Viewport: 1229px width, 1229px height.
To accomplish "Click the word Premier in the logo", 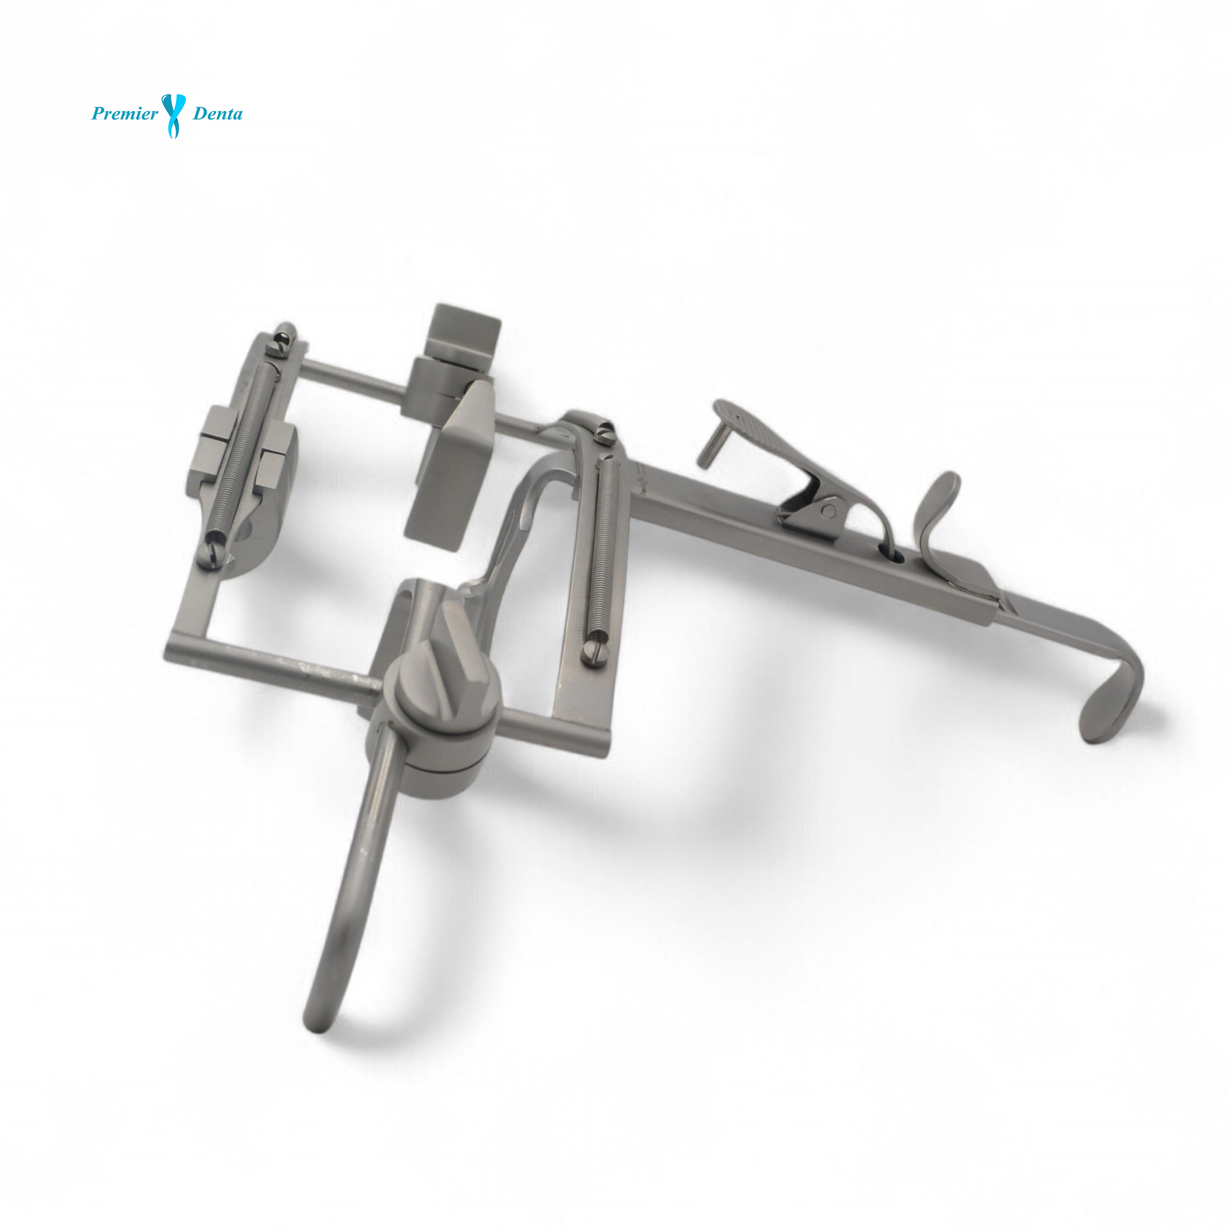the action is coord(125,115).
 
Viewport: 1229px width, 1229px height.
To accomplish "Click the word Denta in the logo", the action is coord(217,115).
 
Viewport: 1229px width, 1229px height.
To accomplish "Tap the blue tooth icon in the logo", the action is coord(174,115).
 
